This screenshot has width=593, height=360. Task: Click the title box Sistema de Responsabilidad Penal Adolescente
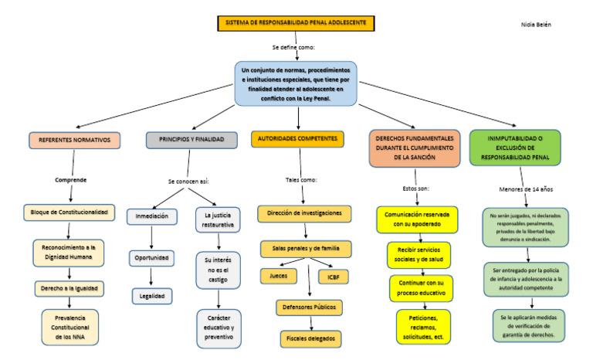[x=296, y=23]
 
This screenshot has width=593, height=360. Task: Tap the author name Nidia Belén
[x=536, y=25]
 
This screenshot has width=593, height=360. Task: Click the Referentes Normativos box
[x=75, y=140]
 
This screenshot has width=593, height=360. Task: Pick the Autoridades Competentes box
[x=297, y=139]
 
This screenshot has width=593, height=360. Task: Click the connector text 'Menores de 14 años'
[x=526, y=189]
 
